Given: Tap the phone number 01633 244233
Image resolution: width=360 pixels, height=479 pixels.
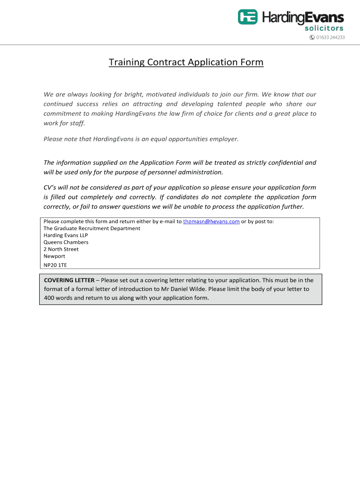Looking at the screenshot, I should [x=331, y=37].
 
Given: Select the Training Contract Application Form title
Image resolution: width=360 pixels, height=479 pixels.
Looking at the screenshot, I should [x=186, y=62].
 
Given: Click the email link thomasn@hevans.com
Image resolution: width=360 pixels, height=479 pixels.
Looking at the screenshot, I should [x=211, y=221].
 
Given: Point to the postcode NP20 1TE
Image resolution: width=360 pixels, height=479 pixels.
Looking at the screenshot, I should [x=55, y=264].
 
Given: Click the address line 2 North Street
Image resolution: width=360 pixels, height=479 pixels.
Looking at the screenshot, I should [x=61, y=249].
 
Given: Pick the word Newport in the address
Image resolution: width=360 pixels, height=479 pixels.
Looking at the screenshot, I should [x=54, y=256].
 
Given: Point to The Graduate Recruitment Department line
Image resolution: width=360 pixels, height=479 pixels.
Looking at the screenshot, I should [x=92, y=228].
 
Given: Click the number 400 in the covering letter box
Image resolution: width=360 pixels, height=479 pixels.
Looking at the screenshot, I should [x=50, y=298].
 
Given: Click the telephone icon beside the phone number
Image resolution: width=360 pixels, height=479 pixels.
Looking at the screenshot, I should [x=312, y=37].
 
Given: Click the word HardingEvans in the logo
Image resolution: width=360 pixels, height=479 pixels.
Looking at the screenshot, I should [x=302, y=18].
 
